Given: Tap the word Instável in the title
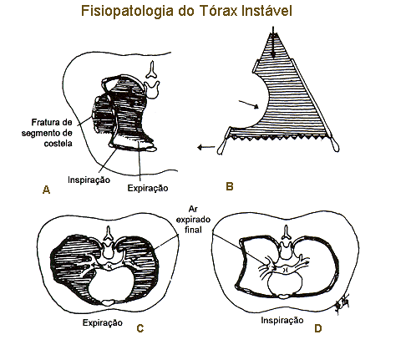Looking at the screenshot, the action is pos(266,11).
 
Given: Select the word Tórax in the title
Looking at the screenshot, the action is pos(218,11).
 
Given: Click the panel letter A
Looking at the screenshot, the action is pos(47,190).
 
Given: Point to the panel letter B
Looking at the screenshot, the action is pos(230,186).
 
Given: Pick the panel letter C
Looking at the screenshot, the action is pos(140,328).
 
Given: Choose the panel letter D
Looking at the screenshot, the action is pos(318,328).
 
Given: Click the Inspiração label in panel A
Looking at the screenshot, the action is pos(89,180).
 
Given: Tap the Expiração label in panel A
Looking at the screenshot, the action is pos(148,188).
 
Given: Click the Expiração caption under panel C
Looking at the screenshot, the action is pos(103,322).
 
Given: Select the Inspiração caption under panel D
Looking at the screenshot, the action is pos(282,321).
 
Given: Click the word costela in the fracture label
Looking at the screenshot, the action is pos(58,144).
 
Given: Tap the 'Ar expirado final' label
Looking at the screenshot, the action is pos(193,220).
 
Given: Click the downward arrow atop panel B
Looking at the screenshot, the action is pos(273,43).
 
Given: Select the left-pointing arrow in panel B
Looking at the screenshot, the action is pos(206,147).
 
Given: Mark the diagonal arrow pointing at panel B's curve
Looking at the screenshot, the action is pos(249,104).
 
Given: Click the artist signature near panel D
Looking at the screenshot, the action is pos(343,305).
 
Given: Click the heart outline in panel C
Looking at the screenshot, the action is pos(89,289).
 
